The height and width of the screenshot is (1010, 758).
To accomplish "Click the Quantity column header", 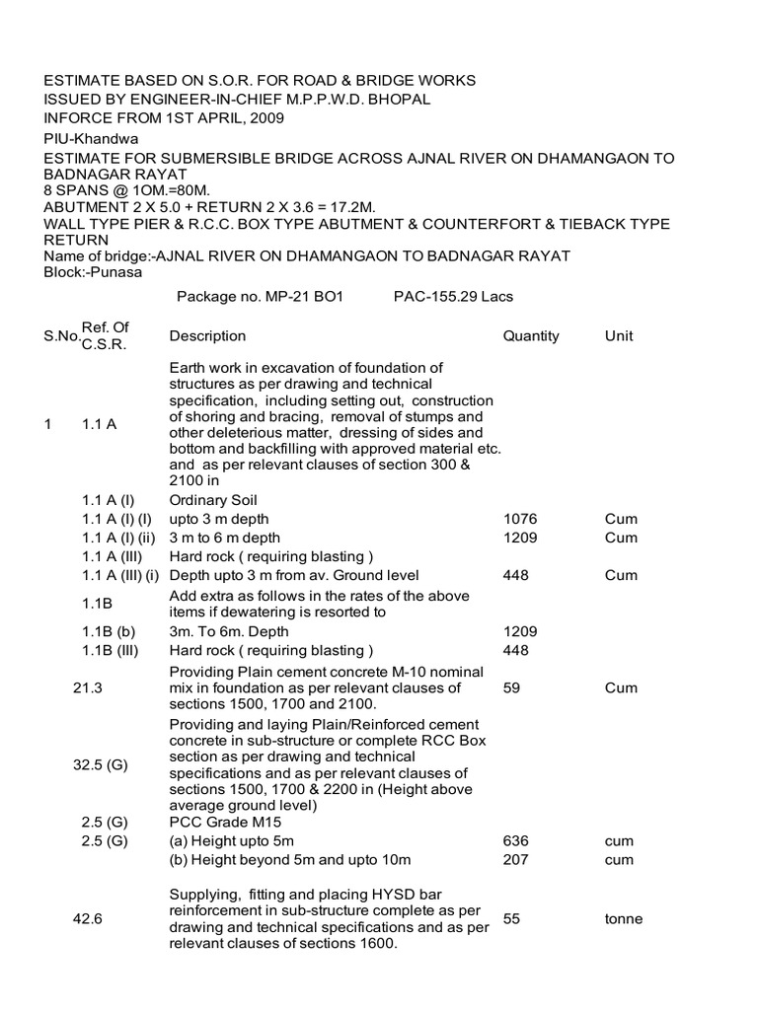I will point(531,336).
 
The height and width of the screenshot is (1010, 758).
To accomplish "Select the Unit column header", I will point(619,336).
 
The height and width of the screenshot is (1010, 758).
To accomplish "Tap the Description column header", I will point(207,336).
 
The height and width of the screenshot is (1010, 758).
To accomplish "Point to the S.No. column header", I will point(60,337).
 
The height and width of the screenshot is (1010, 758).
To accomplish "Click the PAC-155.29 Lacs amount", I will point(453,296).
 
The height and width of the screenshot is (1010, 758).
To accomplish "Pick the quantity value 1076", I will point(520,519).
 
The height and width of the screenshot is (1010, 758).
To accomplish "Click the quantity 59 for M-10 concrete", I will point(512,687).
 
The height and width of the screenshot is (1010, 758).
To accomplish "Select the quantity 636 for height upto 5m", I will point(516,841).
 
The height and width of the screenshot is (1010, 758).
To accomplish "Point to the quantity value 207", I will point(516,860).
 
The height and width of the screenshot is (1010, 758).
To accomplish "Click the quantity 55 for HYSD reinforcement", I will point(512,918).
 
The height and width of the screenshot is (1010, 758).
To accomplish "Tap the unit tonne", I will point(624,918).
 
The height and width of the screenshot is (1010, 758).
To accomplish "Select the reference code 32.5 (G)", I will point(102,764).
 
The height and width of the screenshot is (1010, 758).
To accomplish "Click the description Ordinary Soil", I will point(211,500).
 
